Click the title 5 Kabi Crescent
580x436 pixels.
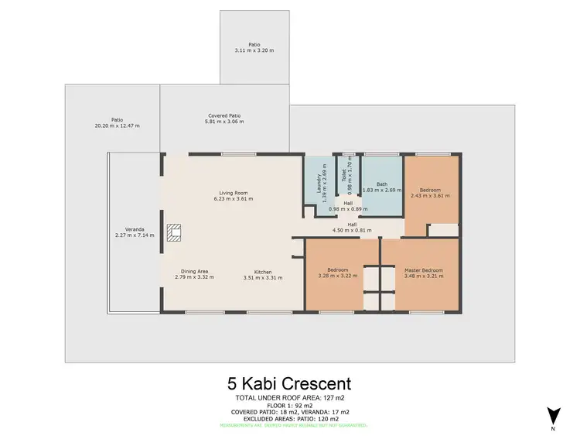(x=289, y=383)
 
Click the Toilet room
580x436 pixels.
(x=349, y=178)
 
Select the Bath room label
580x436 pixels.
(x=382, y=184)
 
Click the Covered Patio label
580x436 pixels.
(x=223, y=115)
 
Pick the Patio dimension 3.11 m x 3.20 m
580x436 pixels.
(x=254, y=50)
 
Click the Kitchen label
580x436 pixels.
(x=263, y=271)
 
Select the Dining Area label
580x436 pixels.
(x=194, y=271)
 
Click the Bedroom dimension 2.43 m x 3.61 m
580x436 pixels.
(x=430, y=196)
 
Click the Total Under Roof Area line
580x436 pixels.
(x=289, y=397)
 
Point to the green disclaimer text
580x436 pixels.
(x=289, y=425)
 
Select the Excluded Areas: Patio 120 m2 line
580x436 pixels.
(x=289, y=418)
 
